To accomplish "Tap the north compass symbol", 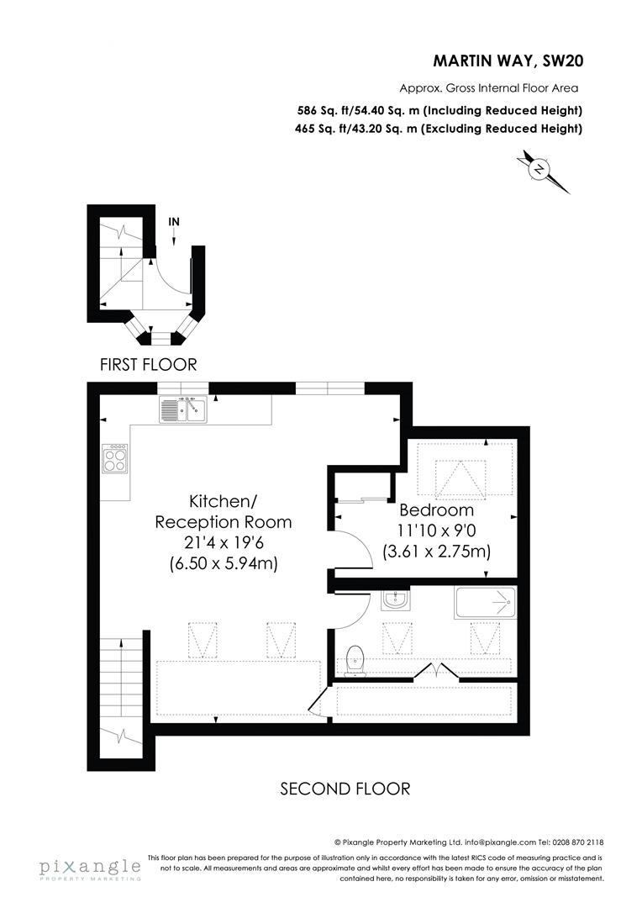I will pyautogui.click(x=539, y=171).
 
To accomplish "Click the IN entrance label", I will pyautogui.click(x=174, y=222).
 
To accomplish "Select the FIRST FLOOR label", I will pyautogui.click(x=148, y=365).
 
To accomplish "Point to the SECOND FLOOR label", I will pyautogui.click(x=345, y=789).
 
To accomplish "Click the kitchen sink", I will pyautogui.click(x=182, y=409).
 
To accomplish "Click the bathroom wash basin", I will pyautogui.click(x=393, y=600).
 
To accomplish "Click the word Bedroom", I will pyautogui.click(x=436, y=510).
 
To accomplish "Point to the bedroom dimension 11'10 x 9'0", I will pyautogui.click(x=436, y=531).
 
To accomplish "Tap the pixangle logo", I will pyautogui.click(x=88, y=867).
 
